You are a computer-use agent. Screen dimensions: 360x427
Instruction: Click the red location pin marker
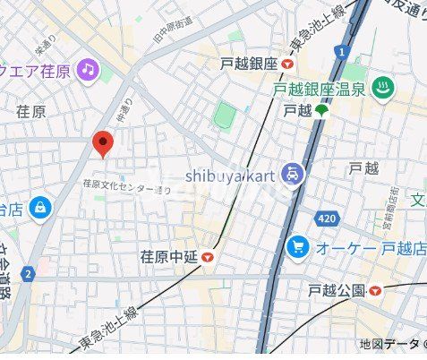point(104,142)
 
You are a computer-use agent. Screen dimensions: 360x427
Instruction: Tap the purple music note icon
point(87,69)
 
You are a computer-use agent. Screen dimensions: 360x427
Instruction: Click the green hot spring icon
point(383,89)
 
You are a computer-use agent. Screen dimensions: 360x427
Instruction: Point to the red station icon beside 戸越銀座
point(286,64)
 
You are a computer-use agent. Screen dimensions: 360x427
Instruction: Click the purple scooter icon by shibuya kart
point(292,174)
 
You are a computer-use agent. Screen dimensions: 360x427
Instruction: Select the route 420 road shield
point(328,218)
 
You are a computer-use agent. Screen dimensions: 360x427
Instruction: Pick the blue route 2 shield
point(29,273)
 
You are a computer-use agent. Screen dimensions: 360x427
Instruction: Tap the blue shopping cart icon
point(297,246)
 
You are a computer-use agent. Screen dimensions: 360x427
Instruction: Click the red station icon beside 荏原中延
point(209,258)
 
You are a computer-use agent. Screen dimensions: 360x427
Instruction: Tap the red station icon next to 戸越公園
point(376,290)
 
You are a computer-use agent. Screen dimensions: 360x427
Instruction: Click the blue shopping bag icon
point(39,209)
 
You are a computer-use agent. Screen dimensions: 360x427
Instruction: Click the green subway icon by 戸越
point(320,111)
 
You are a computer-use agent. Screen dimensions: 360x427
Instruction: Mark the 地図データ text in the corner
point(389,345)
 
